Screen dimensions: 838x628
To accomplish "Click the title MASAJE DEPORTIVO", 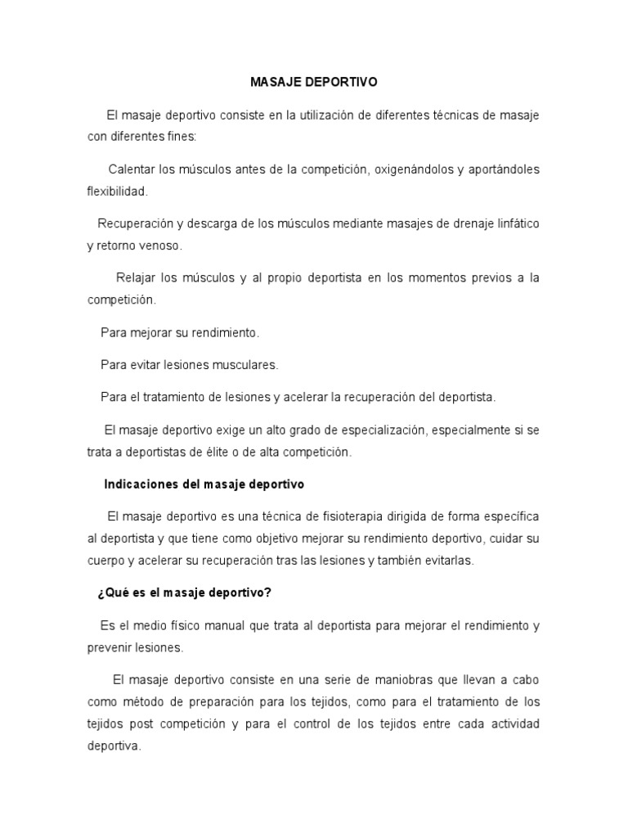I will (314, 83).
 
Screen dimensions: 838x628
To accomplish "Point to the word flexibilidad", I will (118, 191).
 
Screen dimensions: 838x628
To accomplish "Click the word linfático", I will (511, 223).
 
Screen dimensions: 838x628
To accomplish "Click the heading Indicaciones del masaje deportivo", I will (204, 484).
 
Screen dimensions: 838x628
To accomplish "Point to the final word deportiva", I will (114, 746).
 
